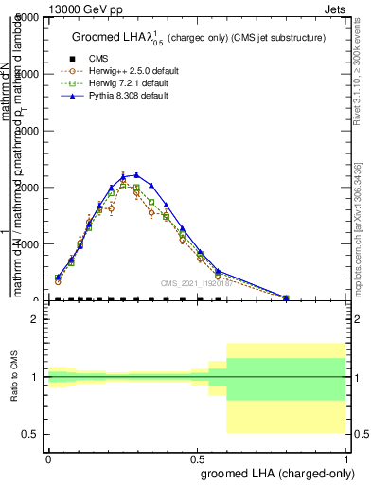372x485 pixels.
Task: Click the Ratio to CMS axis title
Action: point(16,378)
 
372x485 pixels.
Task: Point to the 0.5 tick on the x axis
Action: point(198,458)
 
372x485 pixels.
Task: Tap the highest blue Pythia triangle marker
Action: point(136,175)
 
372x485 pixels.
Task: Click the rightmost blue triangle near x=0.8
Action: point(286,297)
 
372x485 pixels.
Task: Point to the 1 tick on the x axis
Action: point(347,458)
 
